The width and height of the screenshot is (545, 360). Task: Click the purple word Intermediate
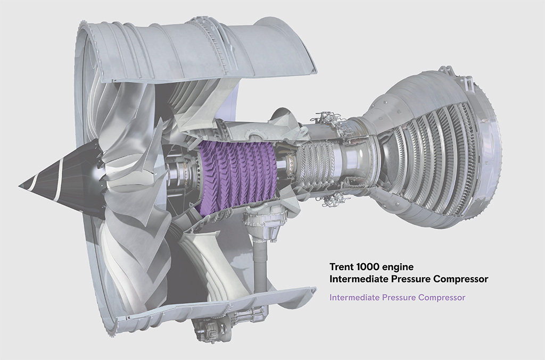[x=354, y=297]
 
